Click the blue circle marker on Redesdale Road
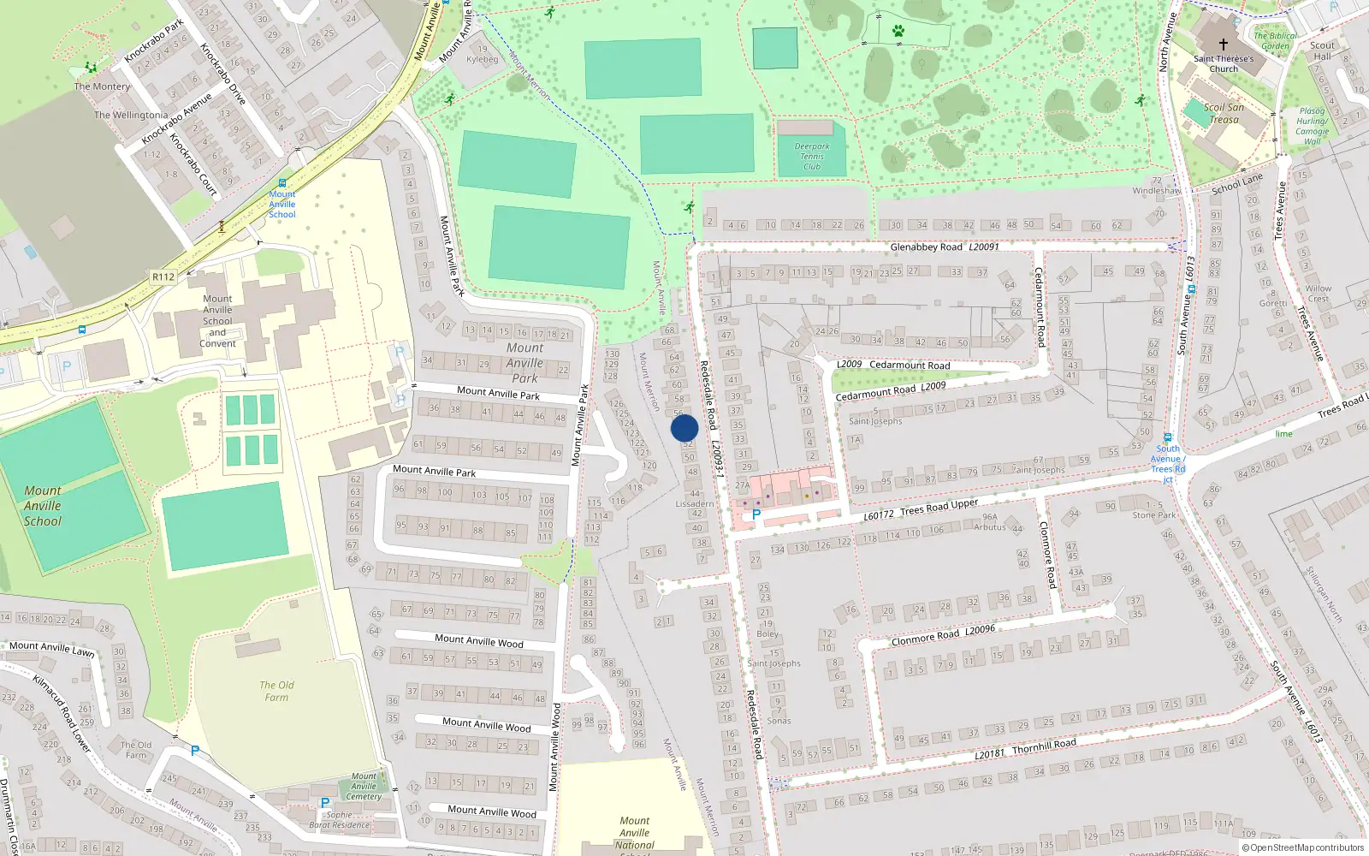pyautogui.click(x=684, y=427)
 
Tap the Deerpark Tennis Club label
pyautogui.click(x=811, y=157)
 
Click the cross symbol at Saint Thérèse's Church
pyautogui.click(x=1223, y=45)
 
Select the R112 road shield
pyautogui.click(x=163, y=276)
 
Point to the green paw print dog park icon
pyautogui.click(x=898, y=31)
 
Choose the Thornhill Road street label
pyautogui.click(x=1044, y=746)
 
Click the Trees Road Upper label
pyautogui.click(x=939, y=508)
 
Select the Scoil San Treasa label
pyautogui.click(x=1224, y=113)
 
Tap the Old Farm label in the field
pyautogui.click(x=276, y=691)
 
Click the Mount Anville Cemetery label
pyautogui.click(x=364, y=786)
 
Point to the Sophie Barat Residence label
pyautogui.click(x=340, y=820)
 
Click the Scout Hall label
pyautogui.click(x=1322, y=51)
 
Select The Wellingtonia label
pyautogui.click(x=131, y=115)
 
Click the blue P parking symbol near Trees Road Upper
pyautogui.click(x=756, y=515)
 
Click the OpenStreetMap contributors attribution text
pyautogui.click(x=1303, y=848)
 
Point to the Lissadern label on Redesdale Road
pyautogui.click(x=694, y=503)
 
